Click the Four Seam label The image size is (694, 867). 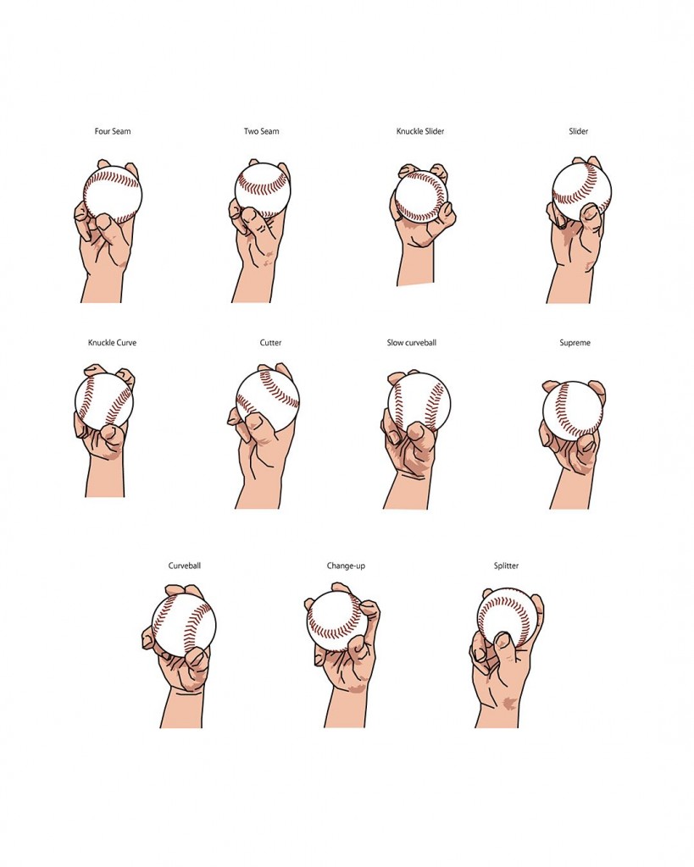[113, 131]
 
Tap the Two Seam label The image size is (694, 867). [261, 131]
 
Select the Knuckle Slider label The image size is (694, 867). [420, 131]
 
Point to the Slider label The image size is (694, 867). [578, 131]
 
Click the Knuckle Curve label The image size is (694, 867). [112, 343]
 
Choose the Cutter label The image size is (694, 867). [270, 343]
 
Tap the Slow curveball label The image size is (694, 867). [411, 343]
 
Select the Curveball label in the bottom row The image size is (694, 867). [184, 566]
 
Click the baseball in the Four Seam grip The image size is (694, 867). [113, 195]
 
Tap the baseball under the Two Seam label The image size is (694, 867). [263, 189]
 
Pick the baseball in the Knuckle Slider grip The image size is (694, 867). [422, 196]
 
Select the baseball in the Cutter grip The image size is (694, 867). [268, 400]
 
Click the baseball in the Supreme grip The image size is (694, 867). [572, 411]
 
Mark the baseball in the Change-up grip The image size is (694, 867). [337, 621]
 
